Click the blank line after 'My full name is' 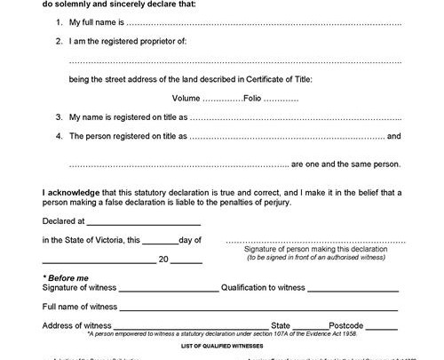click(266, 20)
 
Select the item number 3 click(58, 117)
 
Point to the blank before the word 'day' click(159, 241)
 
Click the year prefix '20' click(163, 260)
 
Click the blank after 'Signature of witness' click(169, 289)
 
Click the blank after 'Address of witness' click(189, 325)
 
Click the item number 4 click(58, 136)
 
